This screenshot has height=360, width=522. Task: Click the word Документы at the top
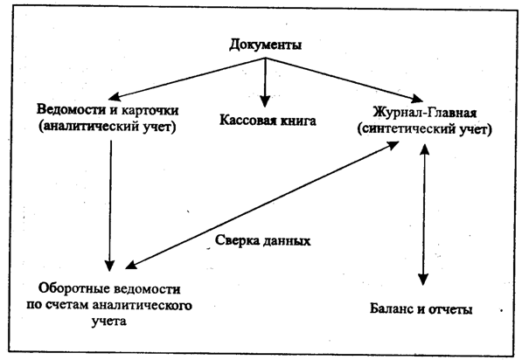pos(266,45)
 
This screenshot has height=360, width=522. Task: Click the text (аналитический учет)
pos(108,127)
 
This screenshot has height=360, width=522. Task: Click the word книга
pos(298,121)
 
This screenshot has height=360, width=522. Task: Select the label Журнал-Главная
pos(424,113)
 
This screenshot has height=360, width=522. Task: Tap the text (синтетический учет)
pos(424,129)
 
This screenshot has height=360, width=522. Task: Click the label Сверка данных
pos(262,240)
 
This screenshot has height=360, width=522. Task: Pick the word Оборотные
pos(73,288)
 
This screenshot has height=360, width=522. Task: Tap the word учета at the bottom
pos(109,322)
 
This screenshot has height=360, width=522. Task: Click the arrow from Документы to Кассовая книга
pos(265,82)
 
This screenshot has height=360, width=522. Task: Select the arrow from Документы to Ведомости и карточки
pos(187,79)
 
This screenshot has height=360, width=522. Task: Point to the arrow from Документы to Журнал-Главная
pos(344,80)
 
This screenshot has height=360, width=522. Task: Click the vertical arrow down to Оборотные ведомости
pos(110,205)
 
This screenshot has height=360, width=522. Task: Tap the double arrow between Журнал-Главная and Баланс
pos(424,215)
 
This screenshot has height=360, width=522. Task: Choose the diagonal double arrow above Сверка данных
pos(262,205)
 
